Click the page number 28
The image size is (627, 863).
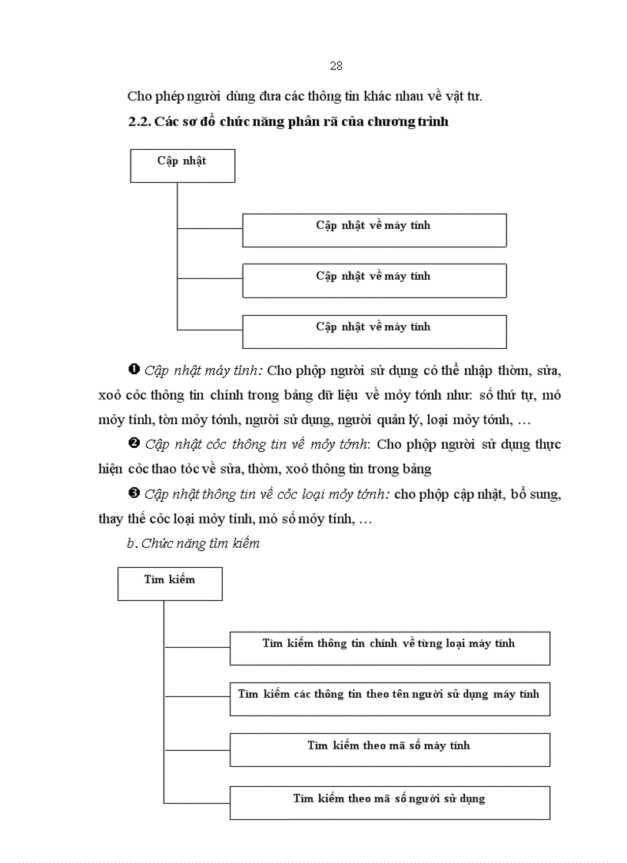(336, 66)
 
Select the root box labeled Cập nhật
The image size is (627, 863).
(182, 165)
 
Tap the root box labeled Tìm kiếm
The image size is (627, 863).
(170, 583)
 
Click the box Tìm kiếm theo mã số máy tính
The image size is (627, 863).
(390, 749)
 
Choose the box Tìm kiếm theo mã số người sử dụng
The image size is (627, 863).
(390, 802)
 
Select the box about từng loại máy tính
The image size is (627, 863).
(390, 648)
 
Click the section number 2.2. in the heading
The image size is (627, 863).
(139, 121)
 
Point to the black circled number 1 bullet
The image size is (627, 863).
(134, 370)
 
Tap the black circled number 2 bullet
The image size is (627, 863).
(134, 444)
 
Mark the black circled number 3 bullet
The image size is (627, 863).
(134, 494)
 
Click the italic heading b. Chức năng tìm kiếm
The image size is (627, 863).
(193, 543)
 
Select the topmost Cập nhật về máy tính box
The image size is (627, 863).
(374, 230)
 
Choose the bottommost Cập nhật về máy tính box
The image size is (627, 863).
(374, 331)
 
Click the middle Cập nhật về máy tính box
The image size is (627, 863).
(374, 280)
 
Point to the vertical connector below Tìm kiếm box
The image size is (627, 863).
(164, 699)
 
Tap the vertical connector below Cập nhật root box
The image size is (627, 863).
(177, 254)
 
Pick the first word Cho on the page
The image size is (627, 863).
(138, 96)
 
